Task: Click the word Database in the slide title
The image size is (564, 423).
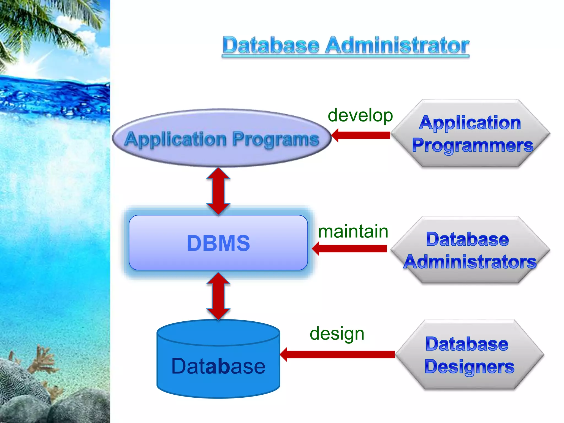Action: [x=271, y=45]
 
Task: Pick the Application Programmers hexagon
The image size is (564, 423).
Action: [x=470, y=134]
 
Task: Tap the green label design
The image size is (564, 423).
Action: [x=337, y=333]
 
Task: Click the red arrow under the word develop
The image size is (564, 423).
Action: [x=361, y=135]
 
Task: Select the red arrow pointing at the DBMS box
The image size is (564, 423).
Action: [x=350, y=249]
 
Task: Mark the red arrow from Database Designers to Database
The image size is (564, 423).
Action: [x=337, y=354]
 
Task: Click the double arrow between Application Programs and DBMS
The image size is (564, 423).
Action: [x=218, y=191]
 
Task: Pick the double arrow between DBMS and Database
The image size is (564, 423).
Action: [x=218, y=296]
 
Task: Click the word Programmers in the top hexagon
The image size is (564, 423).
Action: [x=473, y=145]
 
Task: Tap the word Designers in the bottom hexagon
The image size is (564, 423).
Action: [x=469, y=367]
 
